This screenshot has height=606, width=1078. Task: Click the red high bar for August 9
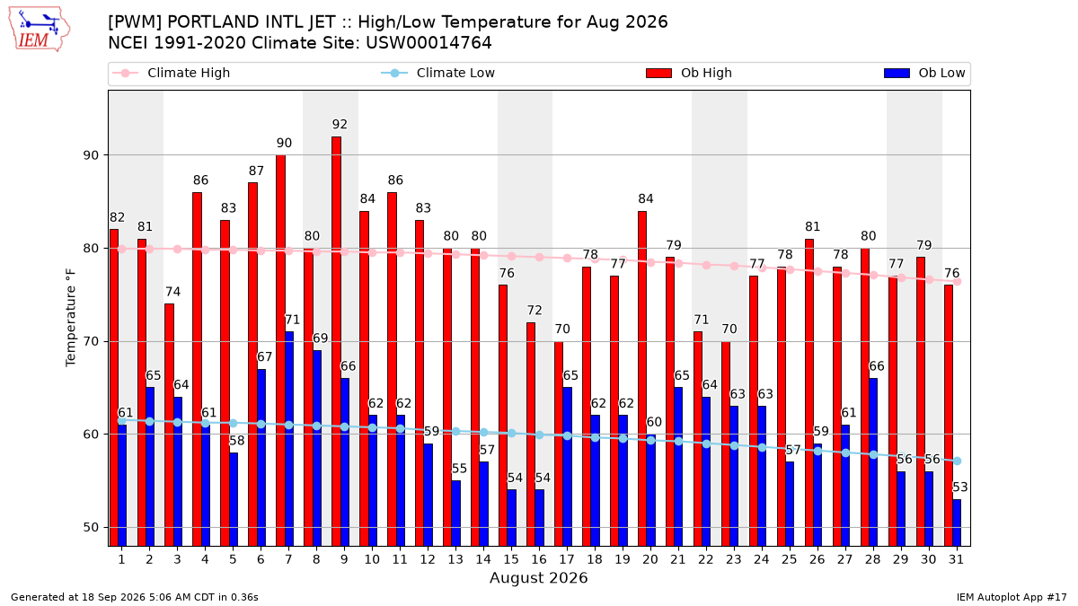pos(336,341)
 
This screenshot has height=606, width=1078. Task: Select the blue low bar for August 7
pos(289,439)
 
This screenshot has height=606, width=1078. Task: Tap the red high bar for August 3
pos(170,426)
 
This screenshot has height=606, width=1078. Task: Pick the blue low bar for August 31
pos(957,523)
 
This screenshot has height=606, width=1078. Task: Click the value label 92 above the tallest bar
pos(340,124)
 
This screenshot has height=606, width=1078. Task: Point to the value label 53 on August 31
pos(959,487)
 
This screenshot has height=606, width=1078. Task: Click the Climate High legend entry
pos(172,73)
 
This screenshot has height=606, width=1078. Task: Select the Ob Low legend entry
pos(924,73)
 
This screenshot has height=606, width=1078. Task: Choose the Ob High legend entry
pos(689,73)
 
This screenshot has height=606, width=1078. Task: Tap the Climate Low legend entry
pos(438,73)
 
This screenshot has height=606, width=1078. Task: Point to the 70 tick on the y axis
pos(93,341)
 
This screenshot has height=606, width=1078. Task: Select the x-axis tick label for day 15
pos(511,559)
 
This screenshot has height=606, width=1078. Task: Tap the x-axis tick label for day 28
pos(873,559)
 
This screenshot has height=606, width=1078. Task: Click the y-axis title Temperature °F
pos(71,318)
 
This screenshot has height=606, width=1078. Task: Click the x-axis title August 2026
pos(538,577)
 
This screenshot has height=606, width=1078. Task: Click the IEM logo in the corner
pos(40,30)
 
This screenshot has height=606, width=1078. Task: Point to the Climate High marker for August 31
pos(958,281)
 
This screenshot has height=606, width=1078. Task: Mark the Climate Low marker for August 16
pos(540,435)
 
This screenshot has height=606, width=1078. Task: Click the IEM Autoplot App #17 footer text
pos(1012,597)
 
